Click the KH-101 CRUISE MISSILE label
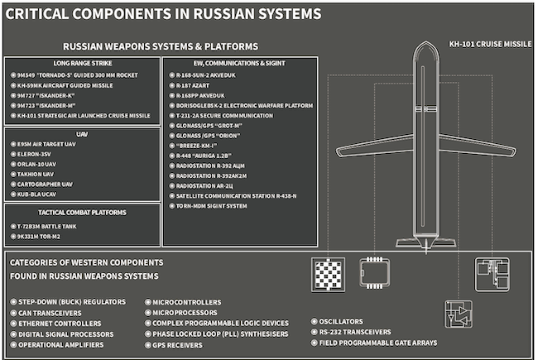[x=490, y=44]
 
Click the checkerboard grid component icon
[x=328, y=275]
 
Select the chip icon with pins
[x=374, y=273]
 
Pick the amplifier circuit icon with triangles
[x=458, y=314]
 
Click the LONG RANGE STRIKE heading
[x=83, y=63]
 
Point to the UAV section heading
[x=82, y=134]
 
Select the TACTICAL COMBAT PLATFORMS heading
[x=82, y=213]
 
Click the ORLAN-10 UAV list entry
[x=36, y=164]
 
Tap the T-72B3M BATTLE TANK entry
[x=47, y=226]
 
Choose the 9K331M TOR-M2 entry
[x=38, y=237]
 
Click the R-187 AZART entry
[x=193, y=85]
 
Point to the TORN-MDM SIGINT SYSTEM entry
[x=211, y=206]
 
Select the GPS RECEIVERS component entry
[x=177, y=345]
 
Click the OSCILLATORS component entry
[x=341, y=322]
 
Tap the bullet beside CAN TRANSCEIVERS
[x=13, y=313]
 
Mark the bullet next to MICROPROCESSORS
[x=148, y=313]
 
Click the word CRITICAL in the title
[x=36, y=14]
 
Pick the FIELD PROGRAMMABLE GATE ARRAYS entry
[x=378, y=343]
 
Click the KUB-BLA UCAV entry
[x=36, y=194]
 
